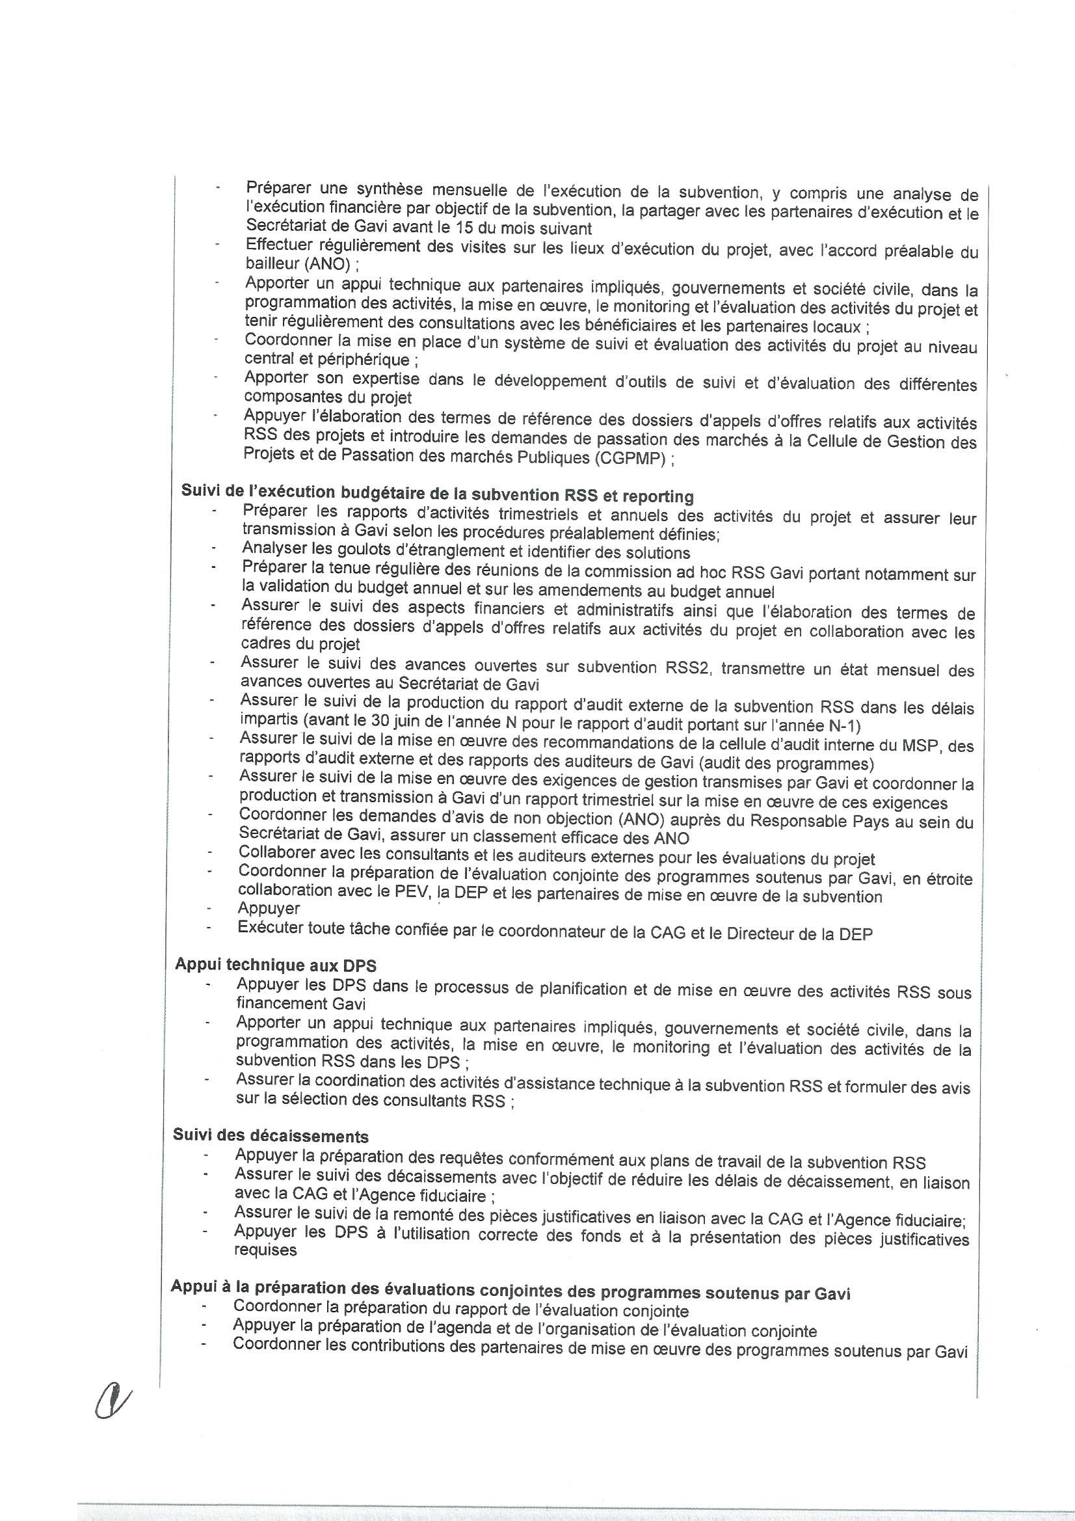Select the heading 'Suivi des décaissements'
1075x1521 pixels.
[x=271, y=1135]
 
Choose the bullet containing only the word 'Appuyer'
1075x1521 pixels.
[x=268, y=909]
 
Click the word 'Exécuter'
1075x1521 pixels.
[x=271, y=928]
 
